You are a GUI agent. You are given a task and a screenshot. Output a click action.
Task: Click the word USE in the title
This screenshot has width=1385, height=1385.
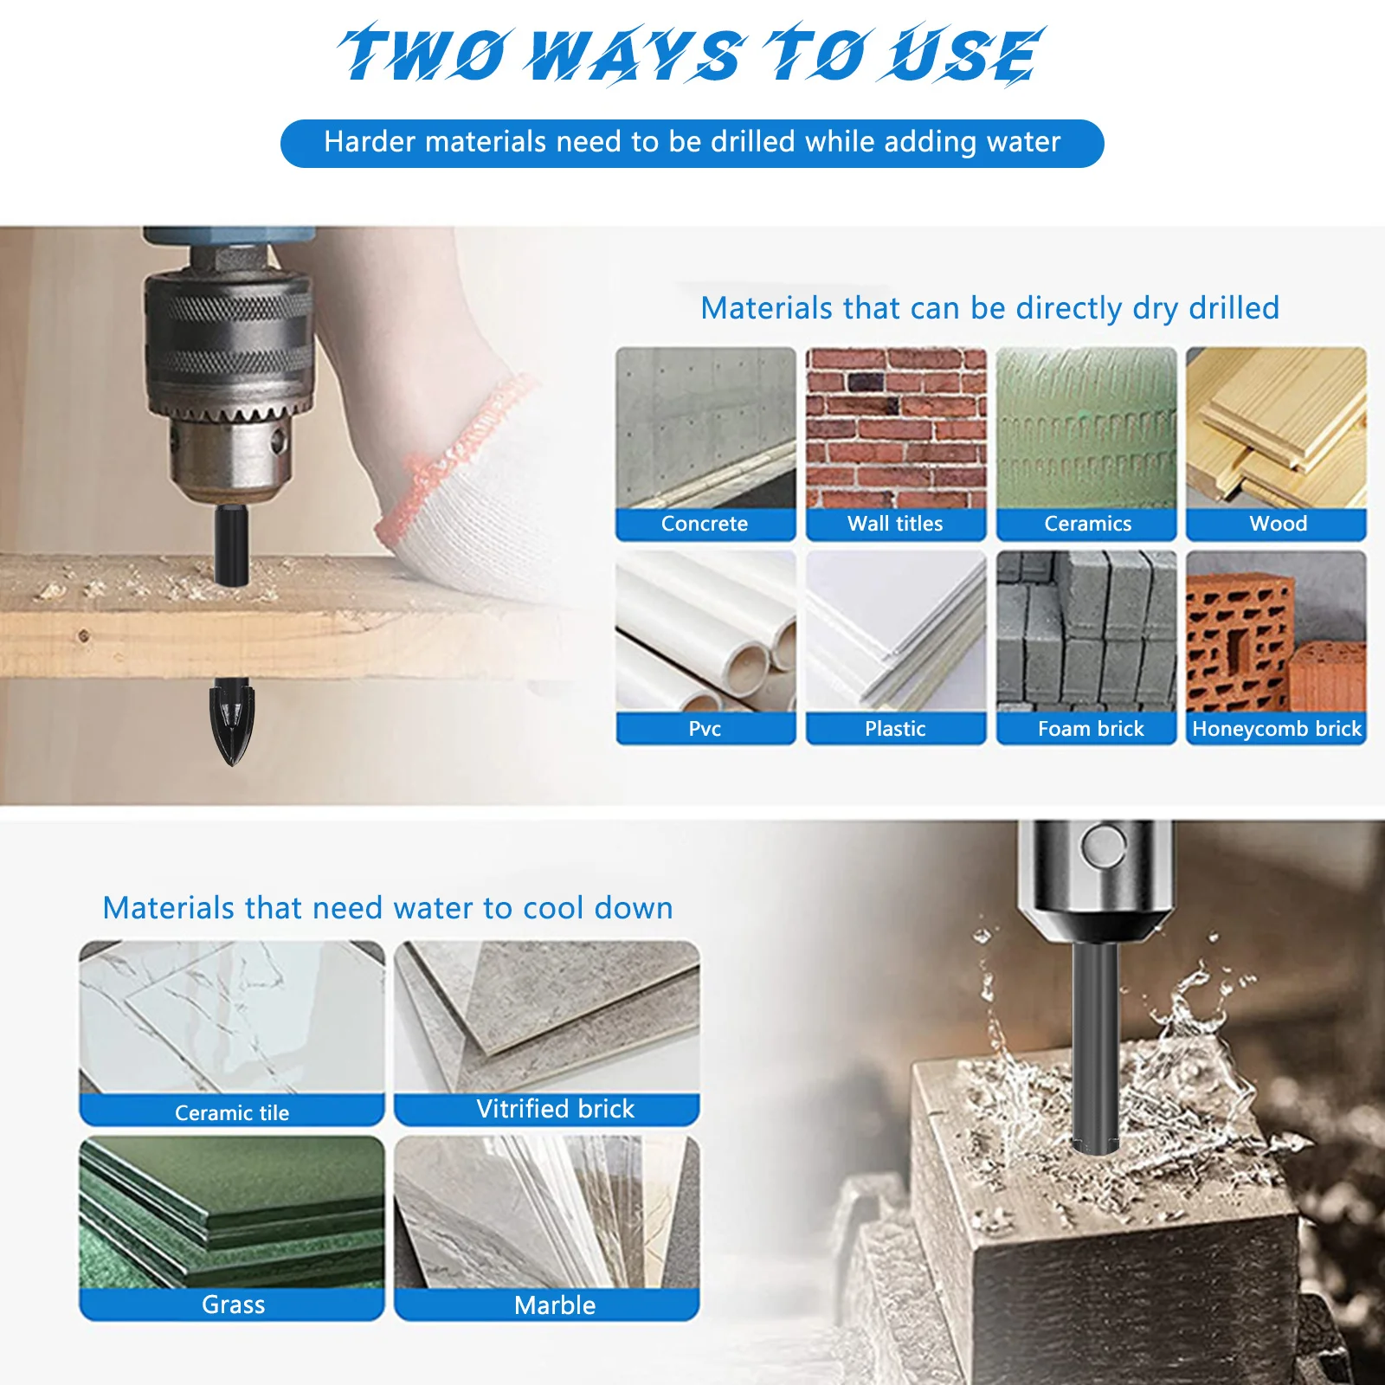(965, 56)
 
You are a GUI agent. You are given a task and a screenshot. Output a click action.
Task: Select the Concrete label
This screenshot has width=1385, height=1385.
(705, 524)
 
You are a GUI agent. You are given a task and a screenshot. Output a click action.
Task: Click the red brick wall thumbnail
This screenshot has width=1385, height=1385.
(896, 428)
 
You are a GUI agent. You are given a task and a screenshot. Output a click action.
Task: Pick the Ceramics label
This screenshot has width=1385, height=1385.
(1087, 524)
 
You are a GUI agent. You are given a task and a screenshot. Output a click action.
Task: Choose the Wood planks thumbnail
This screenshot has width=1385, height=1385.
(1276, 428)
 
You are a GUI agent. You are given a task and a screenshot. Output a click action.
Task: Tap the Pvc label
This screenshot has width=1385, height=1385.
(705, 729)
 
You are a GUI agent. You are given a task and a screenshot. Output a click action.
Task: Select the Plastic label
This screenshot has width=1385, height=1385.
(895, 729)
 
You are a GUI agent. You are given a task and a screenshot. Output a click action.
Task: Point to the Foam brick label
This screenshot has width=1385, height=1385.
(1090, 729)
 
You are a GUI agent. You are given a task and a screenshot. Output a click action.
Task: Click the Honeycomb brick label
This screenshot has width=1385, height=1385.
(1276, 729)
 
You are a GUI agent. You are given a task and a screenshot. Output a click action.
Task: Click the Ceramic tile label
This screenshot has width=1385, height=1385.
(232, 1112)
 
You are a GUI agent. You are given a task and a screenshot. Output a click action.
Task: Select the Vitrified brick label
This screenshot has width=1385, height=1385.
(555, 1109)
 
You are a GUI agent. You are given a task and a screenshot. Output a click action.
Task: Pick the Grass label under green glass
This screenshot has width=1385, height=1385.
(233, 1304)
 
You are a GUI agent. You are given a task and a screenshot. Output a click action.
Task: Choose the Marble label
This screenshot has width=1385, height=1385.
(555, 1305)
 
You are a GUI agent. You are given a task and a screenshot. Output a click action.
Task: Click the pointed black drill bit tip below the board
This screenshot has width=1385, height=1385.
(231, 723)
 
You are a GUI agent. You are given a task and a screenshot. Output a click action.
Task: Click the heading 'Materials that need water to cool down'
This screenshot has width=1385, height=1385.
(387, 908)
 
